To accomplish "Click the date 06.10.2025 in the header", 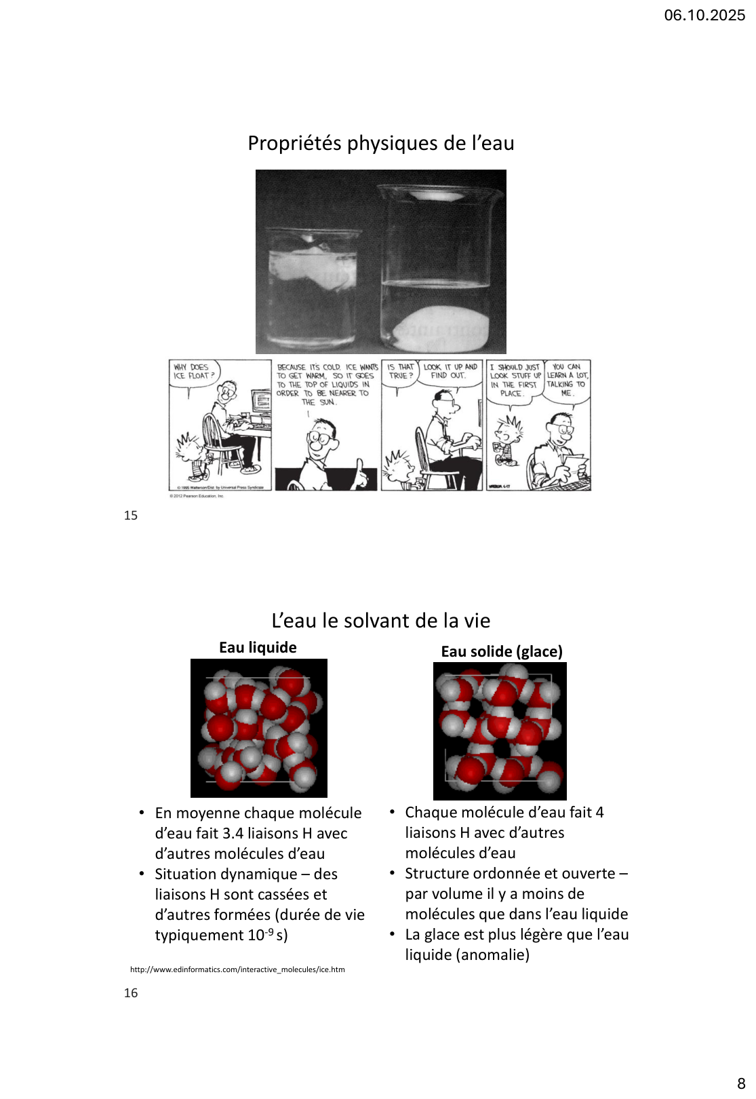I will (x=704, y=15).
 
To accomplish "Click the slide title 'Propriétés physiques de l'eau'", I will (x=380, y=143).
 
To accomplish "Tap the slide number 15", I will (x=131, y=516).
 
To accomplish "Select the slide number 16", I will (x=131, y=993).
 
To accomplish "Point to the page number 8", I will (x=741, y=1083).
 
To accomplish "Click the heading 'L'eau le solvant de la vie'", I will (x=380, y=621).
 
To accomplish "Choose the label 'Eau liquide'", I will (x=258, y=648).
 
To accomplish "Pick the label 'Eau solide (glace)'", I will (x=502, y=652).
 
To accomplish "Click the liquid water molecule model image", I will (x=258, y=728).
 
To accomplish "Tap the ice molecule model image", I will (x=500, y=731).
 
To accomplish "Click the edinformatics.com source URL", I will (x=237, y=970).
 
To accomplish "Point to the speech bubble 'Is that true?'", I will (x=400, y=372).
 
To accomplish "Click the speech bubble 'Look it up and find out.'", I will (x=450, y=371).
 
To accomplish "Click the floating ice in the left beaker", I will (x=313, y=268).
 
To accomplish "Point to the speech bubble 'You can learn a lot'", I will (x=568, y=379).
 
